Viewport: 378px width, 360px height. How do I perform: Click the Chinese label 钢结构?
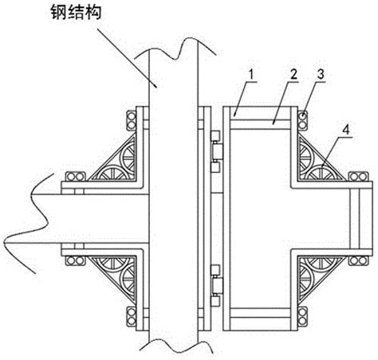click(77, 13)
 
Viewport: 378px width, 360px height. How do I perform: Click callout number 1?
click(250, 75)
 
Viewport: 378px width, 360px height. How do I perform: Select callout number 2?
click(293, 75)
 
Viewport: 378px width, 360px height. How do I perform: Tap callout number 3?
click(321, 74)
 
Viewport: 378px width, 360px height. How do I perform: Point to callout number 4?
click(345, 130)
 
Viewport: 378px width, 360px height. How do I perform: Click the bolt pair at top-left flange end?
click(131, 121)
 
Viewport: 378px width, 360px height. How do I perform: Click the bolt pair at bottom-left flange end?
click(131, 317)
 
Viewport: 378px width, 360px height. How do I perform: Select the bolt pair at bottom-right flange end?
click(302, 317)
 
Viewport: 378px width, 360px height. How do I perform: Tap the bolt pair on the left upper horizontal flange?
click(76, 177)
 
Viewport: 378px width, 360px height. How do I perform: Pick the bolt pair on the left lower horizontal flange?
click(76, 260)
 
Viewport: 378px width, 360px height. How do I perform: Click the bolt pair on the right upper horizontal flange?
click(358, 177)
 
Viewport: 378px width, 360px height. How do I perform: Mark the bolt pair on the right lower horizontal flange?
click(358, 260)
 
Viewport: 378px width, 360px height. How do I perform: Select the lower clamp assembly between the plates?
click(216, 285)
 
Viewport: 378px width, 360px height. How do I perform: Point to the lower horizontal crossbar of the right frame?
click(260, 313)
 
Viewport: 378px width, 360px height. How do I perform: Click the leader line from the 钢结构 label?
click(127, 58)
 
